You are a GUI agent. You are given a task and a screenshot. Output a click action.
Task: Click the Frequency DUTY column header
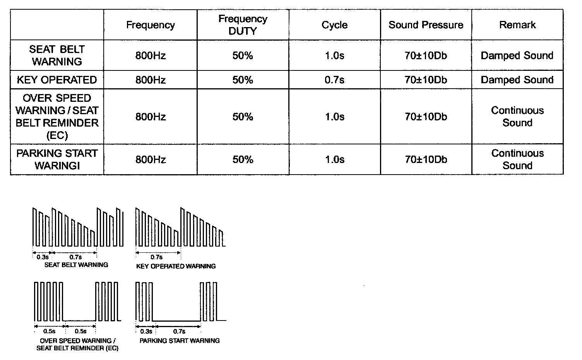(x=243, y=25)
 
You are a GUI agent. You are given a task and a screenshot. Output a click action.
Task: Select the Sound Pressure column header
(x=426, y=25)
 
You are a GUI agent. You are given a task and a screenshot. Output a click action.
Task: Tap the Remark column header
(x=517, y=25)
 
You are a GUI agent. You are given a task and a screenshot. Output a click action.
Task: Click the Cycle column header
(x=334, y=25)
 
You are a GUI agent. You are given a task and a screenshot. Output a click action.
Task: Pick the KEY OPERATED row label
(x=57, y=80)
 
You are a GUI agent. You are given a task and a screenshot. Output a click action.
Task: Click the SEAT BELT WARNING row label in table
(x=57, y=55)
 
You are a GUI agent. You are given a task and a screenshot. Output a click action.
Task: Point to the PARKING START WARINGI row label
(x=57, y=159)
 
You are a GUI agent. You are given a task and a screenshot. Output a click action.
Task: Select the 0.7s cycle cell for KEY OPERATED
(x=334, y=80)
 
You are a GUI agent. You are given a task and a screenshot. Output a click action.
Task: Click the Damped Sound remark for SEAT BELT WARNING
(x=517, y=55)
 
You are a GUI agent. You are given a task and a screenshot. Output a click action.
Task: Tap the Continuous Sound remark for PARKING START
(x=517, y=159)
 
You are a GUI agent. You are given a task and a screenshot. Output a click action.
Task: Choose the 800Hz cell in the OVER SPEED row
(x=151, y=117)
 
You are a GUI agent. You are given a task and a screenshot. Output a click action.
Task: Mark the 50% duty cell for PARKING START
(x=243, y=159)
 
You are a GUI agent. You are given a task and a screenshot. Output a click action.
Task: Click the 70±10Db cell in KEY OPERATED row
(x=426, y=80)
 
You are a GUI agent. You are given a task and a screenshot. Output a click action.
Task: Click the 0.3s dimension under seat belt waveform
(x=43, y=257)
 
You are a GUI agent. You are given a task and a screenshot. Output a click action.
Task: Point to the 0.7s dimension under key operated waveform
(x=156, y=257)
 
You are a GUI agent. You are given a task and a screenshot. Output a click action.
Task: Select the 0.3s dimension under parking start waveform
(x=146, y=331)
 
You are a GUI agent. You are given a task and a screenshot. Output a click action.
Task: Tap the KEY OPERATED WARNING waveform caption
(x=176, y=266)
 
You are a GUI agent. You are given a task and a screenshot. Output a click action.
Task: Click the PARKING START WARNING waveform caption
(x=180, y=341)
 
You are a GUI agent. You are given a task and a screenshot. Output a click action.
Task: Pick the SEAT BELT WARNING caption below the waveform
(x=76, y=265)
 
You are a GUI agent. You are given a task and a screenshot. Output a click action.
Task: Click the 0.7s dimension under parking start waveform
(x=179, y=331)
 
